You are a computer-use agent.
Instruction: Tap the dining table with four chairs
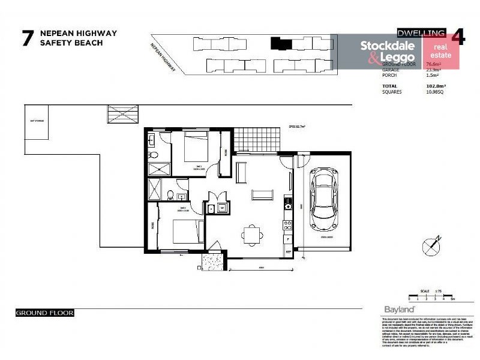[x=252, y=234]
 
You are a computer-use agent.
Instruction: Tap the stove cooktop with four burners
[x=288, y=226]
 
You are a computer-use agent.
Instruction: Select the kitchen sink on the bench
[x=288, y=203]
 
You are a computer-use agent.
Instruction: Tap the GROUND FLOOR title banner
[x=44, y=313]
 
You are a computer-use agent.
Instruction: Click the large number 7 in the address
[x=26, y=38]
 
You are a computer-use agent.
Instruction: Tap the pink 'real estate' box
[x=441, y=51]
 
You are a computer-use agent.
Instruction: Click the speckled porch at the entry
[x=213, y=261]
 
